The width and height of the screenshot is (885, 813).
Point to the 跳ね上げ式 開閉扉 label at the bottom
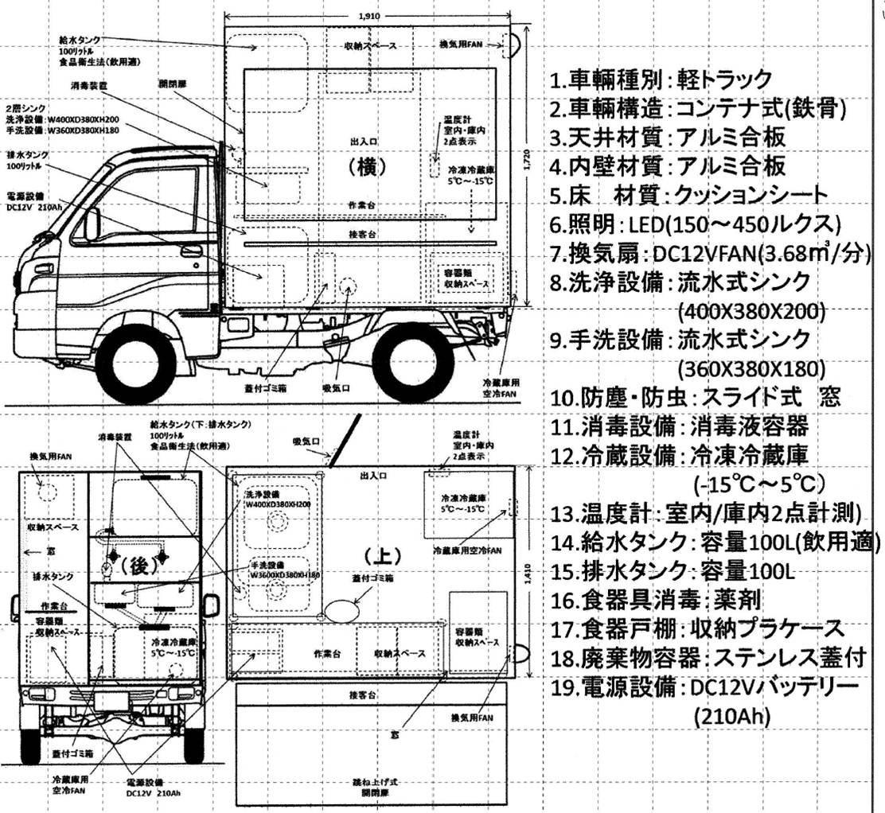(378, 788)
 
